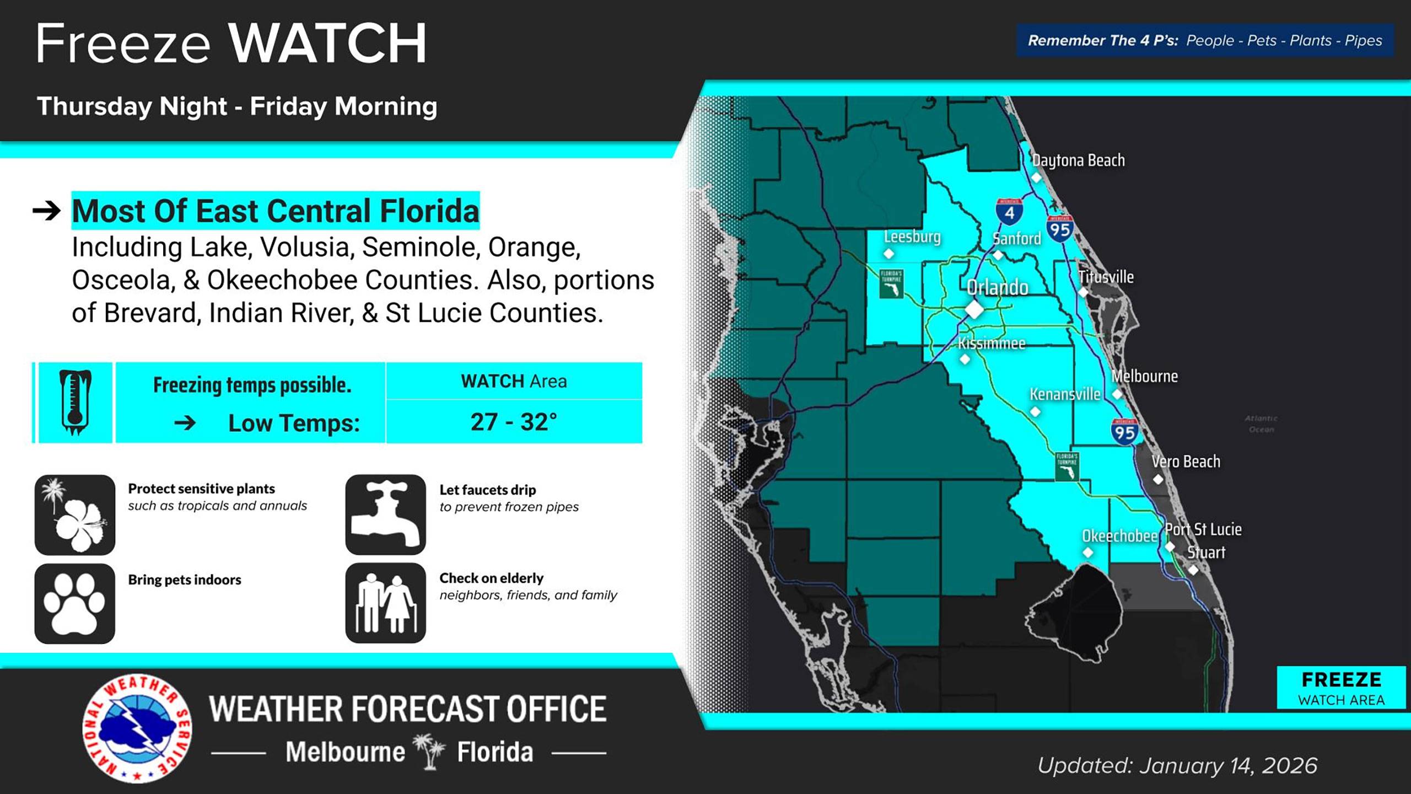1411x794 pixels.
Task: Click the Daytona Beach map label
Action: point(1078,160)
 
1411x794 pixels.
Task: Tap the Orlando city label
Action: point(998,287)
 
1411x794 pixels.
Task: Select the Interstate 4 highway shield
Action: point(1009,211)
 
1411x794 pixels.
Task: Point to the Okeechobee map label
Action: point(1119,536)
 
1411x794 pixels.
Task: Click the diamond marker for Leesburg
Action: point(888,254)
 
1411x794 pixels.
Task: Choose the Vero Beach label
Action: point(1186,462)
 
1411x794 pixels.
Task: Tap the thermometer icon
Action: point(75,403)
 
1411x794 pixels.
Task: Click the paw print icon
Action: point(75,603)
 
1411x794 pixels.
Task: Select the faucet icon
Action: point(386,514)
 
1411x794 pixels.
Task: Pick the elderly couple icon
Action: point(386,603)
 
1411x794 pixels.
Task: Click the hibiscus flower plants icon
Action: point(75,514)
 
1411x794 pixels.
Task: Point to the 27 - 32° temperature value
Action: point(514,422)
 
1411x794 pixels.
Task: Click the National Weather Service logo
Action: point(137,728)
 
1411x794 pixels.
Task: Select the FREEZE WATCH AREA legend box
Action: point(1341,688)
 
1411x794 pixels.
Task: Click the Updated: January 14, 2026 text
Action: point(1177,765)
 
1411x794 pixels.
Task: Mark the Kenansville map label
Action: point(1065,394)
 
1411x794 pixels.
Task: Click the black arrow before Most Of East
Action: point(47,211)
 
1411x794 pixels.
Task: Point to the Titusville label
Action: point(1106,277)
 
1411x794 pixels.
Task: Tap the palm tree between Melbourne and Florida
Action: point(430,751)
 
